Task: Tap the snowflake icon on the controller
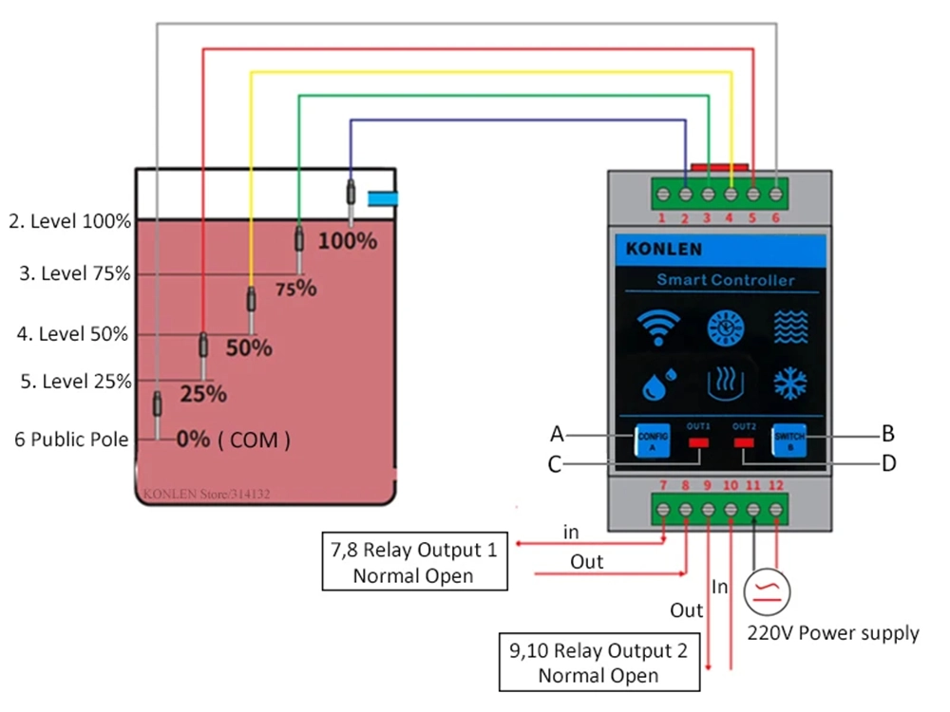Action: (788, 384)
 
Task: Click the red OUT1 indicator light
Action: (699, 443)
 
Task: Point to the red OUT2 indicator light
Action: (744, 443)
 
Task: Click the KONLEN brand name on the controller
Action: (664, 250)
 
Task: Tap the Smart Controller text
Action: (725, 280)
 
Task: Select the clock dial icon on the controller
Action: (725, 329)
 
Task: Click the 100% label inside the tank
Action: (347, 241)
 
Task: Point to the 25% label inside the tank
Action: (203, 393)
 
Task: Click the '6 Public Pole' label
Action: (71, 440)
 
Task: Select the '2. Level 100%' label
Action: (69, 221)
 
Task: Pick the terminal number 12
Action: (776, 486)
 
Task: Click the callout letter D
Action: (888, 463)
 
